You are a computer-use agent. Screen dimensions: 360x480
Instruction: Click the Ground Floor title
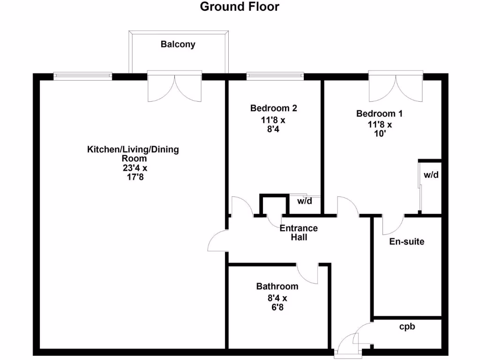coord(240,7)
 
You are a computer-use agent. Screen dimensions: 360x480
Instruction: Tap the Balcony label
coord(178,45)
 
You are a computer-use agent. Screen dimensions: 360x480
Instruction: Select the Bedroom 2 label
coord(273,108)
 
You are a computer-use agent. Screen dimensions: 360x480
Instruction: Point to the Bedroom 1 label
coord(379,113)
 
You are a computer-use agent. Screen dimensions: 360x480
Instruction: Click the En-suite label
coord(407,242)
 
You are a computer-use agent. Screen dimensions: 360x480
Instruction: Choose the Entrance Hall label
coord(299,233)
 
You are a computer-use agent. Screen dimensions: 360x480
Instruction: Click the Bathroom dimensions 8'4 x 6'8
coord(277,303)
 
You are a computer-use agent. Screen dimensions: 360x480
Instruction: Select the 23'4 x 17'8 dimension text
coord(133,172)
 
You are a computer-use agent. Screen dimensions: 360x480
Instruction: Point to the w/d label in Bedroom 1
coord(431,175)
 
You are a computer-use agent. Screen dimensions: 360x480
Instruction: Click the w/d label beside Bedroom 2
coord(305,201)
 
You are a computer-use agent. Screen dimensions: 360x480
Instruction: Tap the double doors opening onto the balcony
coord(175,87)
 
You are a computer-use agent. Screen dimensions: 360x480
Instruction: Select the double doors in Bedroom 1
coord(396,87)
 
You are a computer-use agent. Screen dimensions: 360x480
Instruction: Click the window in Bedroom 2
coord(275,75)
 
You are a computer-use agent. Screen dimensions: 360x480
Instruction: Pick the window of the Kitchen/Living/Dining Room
coord(82,75)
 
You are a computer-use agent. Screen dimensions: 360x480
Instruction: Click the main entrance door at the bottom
coord(347,347)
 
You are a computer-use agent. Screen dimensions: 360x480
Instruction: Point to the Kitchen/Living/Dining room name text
coord(133,154)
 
